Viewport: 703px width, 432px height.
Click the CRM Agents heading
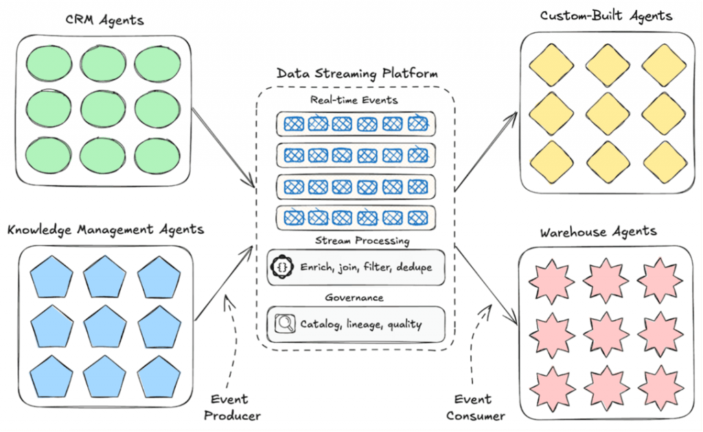pyautogui.click(x=104, y=20)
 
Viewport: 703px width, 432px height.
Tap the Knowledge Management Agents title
pyautogui.click(x=106, y=230)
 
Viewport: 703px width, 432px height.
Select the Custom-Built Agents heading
pyautogui.click(x=606, y=16)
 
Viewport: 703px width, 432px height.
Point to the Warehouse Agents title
pyautogui.click(x=598, y=232)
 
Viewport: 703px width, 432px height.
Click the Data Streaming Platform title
pyautogui.click(x=357, y=73)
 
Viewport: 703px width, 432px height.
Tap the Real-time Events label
pyautogui.click(x=354, y=100)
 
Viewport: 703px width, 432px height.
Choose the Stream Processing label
pyautogui.click(x=362, y=241)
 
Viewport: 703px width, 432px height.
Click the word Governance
pyautogui.click(x=354, y=298)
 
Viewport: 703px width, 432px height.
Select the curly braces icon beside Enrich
pyautogui.click(x=282, y=267)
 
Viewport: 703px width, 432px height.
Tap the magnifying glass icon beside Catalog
pyautogui.click(x=285, y=324)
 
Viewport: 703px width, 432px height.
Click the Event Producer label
pyautogui.click(x=232, y=407)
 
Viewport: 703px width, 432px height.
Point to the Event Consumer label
pyautogui.click(x=475, y=407)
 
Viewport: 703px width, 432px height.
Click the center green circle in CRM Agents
pyautogui.click(x=103, y=109)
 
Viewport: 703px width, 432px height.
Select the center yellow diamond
pyautogui.click(x=608, y=114)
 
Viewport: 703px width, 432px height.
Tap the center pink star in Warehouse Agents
pyautogui.click(x=606, y=335)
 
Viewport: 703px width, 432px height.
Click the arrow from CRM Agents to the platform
pyautogui.click(x=223, y=147)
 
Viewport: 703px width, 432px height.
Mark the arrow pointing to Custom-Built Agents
pyautogui.click(x=485, y=152)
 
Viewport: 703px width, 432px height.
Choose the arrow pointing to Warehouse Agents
pyautogui.click(x=487, y=285)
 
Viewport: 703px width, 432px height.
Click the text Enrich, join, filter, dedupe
pyautogui.click(x=367, y=267)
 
